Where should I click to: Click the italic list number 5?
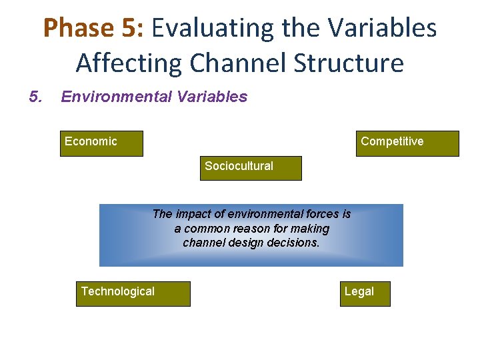[x=35, y=97]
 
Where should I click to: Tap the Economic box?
[x=101, y=143]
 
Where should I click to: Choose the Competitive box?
[x=407, y=143]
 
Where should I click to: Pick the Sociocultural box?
[x=251, y=168]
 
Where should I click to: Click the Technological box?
[x=133, y=293]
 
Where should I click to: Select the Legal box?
[x=365, y=293]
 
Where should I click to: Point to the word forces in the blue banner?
[x=321, y=214]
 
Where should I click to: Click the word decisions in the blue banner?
[x=293, y=243]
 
